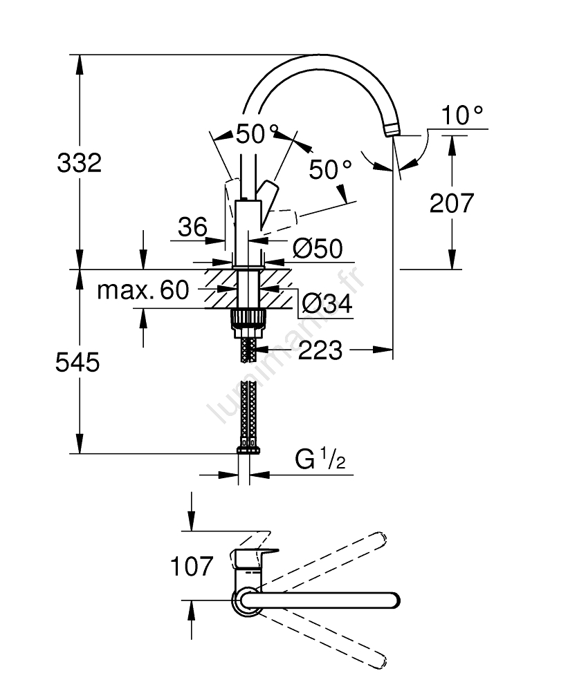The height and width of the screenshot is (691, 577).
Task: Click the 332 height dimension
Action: tap(79, 163)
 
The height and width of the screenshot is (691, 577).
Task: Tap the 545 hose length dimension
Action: tap(77, 362)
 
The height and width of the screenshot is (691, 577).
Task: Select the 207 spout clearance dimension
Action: tap(452, 202)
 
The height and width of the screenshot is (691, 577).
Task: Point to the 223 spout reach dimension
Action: tap(320, 350)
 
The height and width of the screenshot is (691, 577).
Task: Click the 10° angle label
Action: tap(462, 115)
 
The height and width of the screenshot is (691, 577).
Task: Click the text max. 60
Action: tap(143, 290)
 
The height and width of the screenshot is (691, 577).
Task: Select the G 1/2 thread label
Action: tap(320, 459)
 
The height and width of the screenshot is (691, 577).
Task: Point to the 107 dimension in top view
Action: tap(192, 567)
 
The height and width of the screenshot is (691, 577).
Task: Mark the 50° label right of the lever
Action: tap(331, 169)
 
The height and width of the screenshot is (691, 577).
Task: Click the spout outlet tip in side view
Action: tap(392, 131)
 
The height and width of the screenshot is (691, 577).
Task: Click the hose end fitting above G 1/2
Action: tap(249, 450)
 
